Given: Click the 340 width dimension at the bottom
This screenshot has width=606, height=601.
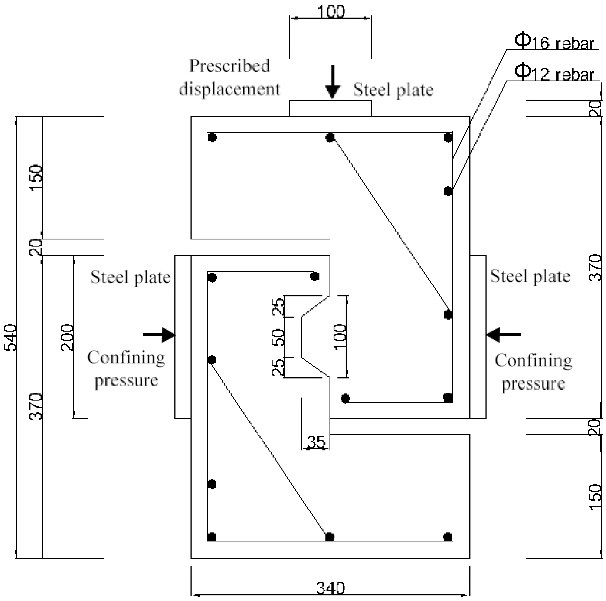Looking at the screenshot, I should [330, 589].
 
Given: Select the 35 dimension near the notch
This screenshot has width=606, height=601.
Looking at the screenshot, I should [317, 443].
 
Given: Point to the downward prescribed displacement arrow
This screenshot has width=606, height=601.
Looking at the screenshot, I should [333, 81].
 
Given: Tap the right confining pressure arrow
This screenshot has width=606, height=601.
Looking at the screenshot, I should [503, 334].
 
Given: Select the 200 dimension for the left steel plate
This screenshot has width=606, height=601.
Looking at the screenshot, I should [67, 337].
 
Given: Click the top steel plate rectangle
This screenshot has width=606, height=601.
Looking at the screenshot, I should [330, 108].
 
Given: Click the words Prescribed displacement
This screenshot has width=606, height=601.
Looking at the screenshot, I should [229, 77].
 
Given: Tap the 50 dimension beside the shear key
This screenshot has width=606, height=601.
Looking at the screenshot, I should [278, 337].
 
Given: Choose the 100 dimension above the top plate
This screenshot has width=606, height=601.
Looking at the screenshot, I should [331, 12].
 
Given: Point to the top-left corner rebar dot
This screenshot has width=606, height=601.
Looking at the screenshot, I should [212, 137].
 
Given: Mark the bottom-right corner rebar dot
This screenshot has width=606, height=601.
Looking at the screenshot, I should [448, 537].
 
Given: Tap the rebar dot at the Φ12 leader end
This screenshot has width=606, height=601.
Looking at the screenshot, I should [448, 191].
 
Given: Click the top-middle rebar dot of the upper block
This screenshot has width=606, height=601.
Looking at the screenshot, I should [330, 137].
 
